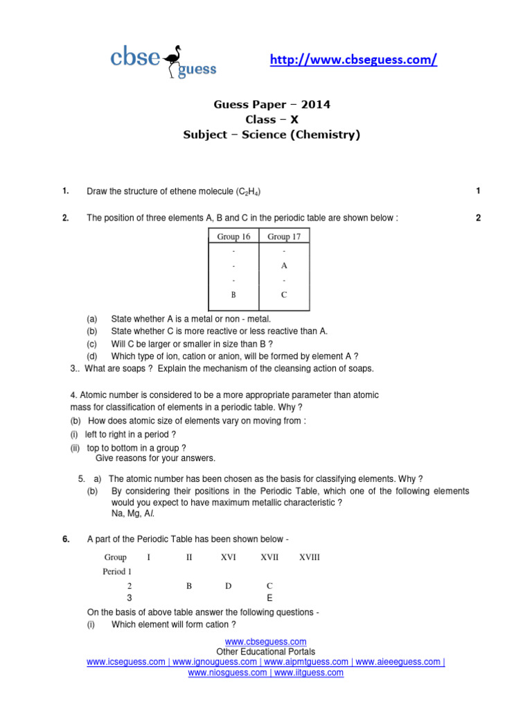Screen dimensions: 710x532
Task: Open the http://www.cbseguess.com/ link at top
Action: coord(353,60)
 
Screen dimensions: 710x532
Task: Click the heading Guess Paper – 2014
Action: coord(271,105)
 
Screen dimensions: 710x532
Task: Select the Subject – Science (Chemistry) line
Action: coord(271,135)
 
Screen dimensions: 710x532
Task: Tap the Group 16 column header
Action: coord(233,236)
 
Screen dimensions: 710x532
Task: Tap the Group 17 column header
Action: coord(284,236)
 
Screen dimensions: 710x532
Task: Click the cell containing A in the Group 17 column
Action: coord(284,266)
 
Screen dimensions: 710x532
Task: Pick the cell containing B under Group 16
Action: coord(233,295)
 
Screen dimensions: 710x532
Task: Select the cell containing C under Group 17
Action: coord(284,295)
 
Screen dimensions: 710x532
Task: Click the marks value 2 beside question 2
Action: coord(478,218)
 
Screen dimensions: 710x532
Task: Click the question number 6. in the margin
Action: coord(65,539)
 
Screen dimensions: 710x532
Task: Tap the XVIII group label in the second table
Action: coord(309,557)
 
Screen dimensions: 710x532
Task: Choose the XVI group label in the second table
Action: coord(229,557)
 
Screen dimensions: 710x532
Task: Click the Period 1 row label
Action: coord(117,572)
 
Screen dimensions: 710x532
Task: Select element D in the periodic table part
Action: coord(229,586)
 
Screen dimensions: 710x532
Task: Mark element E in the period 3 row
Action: coord(269,598)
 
